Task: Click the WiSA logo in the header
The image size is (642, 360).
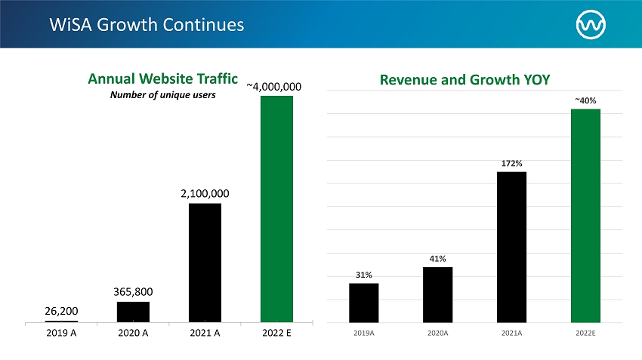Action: coord(591,25)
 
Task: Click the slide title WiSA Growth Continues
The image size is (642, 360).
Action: coord(147,25)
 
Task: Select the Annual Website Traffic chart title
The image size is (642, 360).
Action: coord(163,78)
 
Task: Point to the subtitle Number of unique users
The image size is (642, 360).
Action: coord(163,95)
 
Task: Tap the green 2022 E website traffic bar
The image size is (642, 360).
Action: coord(276,209)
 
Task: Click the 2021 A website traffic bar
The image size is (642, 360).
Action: coord(205,263)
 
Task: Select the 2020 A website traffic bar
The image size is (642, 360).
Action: coord(133,312)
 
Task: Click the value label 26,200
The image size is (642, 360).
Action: coord(61,311)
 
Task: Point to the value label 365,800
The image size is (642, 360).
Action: coord(133,291)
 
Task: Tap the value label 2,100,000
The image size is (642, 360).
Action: coord(205,193)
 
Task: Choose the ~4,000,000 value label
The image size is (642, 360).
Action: coord(274,87)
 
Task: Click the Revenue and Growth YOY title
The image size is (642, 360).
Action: coord(465,80)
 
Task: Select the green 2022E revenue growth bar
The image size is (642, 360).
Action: coord(585,216)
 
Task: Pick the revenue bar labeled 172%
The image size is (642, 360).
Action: coord(512,247)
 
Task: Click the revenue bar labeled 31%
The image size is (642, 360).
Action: coord(364,303)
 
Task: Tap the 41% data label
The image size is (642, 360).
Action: coord(437,259)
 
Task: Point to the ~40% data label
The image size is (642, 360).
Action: coord(585,100)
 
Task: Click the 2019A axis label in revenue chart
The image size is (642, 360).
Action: coord(364,333)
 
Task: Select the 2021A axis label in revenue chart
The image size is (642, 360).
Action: coord(512,333)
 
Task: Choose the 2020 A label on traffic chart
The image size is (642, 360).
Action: coord(133,333)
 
